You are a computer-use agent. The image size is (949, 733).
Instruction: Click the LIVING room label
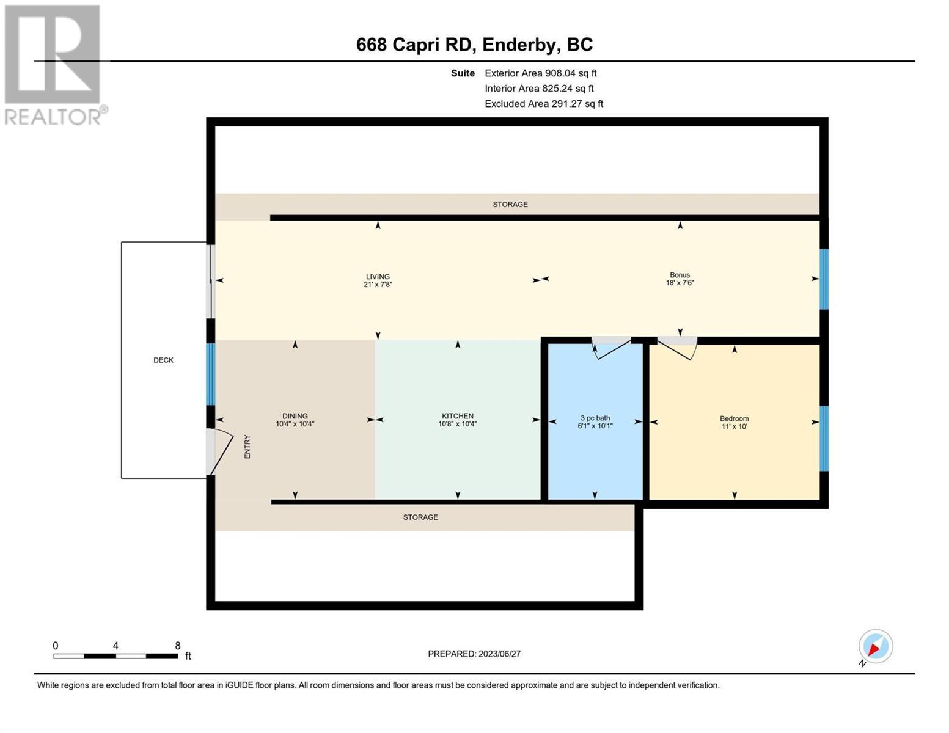coord(377,276)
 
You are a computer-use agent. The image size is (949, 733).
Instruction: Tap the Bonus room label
coord(680,275)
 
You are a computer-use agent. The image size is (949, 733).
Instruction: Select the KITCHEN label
coord(457,415)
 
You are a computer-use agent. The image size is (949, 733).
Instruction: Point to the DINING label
coord(295,415)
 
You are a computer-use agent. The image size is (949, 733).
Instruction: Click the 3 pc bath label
coord(595,418)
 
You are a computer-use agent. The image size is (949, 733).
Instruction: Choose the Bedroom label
coord(734,418)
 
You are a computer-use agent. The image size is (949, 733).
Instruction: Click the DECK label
coord(163,360)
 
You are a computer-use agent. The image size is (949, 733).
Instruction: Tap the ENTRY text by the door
coord(247,446)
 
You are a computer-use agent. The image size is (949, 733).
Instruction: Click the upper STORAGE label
coord(510,204)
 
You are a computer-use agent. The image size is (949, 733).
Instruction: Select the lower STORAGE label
coord(420,517)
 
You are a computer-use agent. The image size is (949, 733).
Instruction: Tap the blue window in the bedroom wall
coord(823,439)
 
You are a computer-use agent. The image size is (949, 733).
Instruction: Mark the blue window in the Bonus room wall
coord(823,279)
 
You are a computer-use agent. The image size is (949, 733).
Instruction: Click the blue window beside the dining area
coord(210,374)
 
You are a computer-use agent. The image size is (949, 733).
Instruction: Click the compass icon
coord(875,646)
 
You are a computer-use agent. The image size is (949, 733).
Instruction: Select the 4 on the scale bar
coord(115,645)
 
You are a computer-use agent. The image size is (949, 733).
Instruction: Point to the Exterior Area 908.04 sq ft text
coord(540,73)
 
